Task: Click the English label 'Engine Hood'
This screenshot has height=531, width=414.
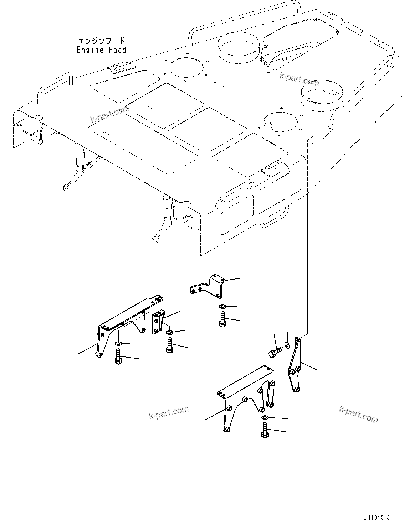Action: pyautogui.click(x=101, y=50)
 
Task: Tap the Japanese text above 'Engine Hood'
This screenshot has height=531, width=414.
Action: pyautogui.click(x=101, y=41)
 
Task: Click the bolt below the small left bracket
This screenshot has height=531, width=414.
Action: pyautogui.click(x=169, y=345)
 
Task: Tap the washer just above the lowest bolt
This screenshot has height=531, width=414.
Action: pyautogui.click(x=265, y=417)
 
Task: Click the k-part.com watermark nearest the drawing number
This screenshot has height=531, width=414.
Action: pyautogui.click(x=358, y=414)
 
